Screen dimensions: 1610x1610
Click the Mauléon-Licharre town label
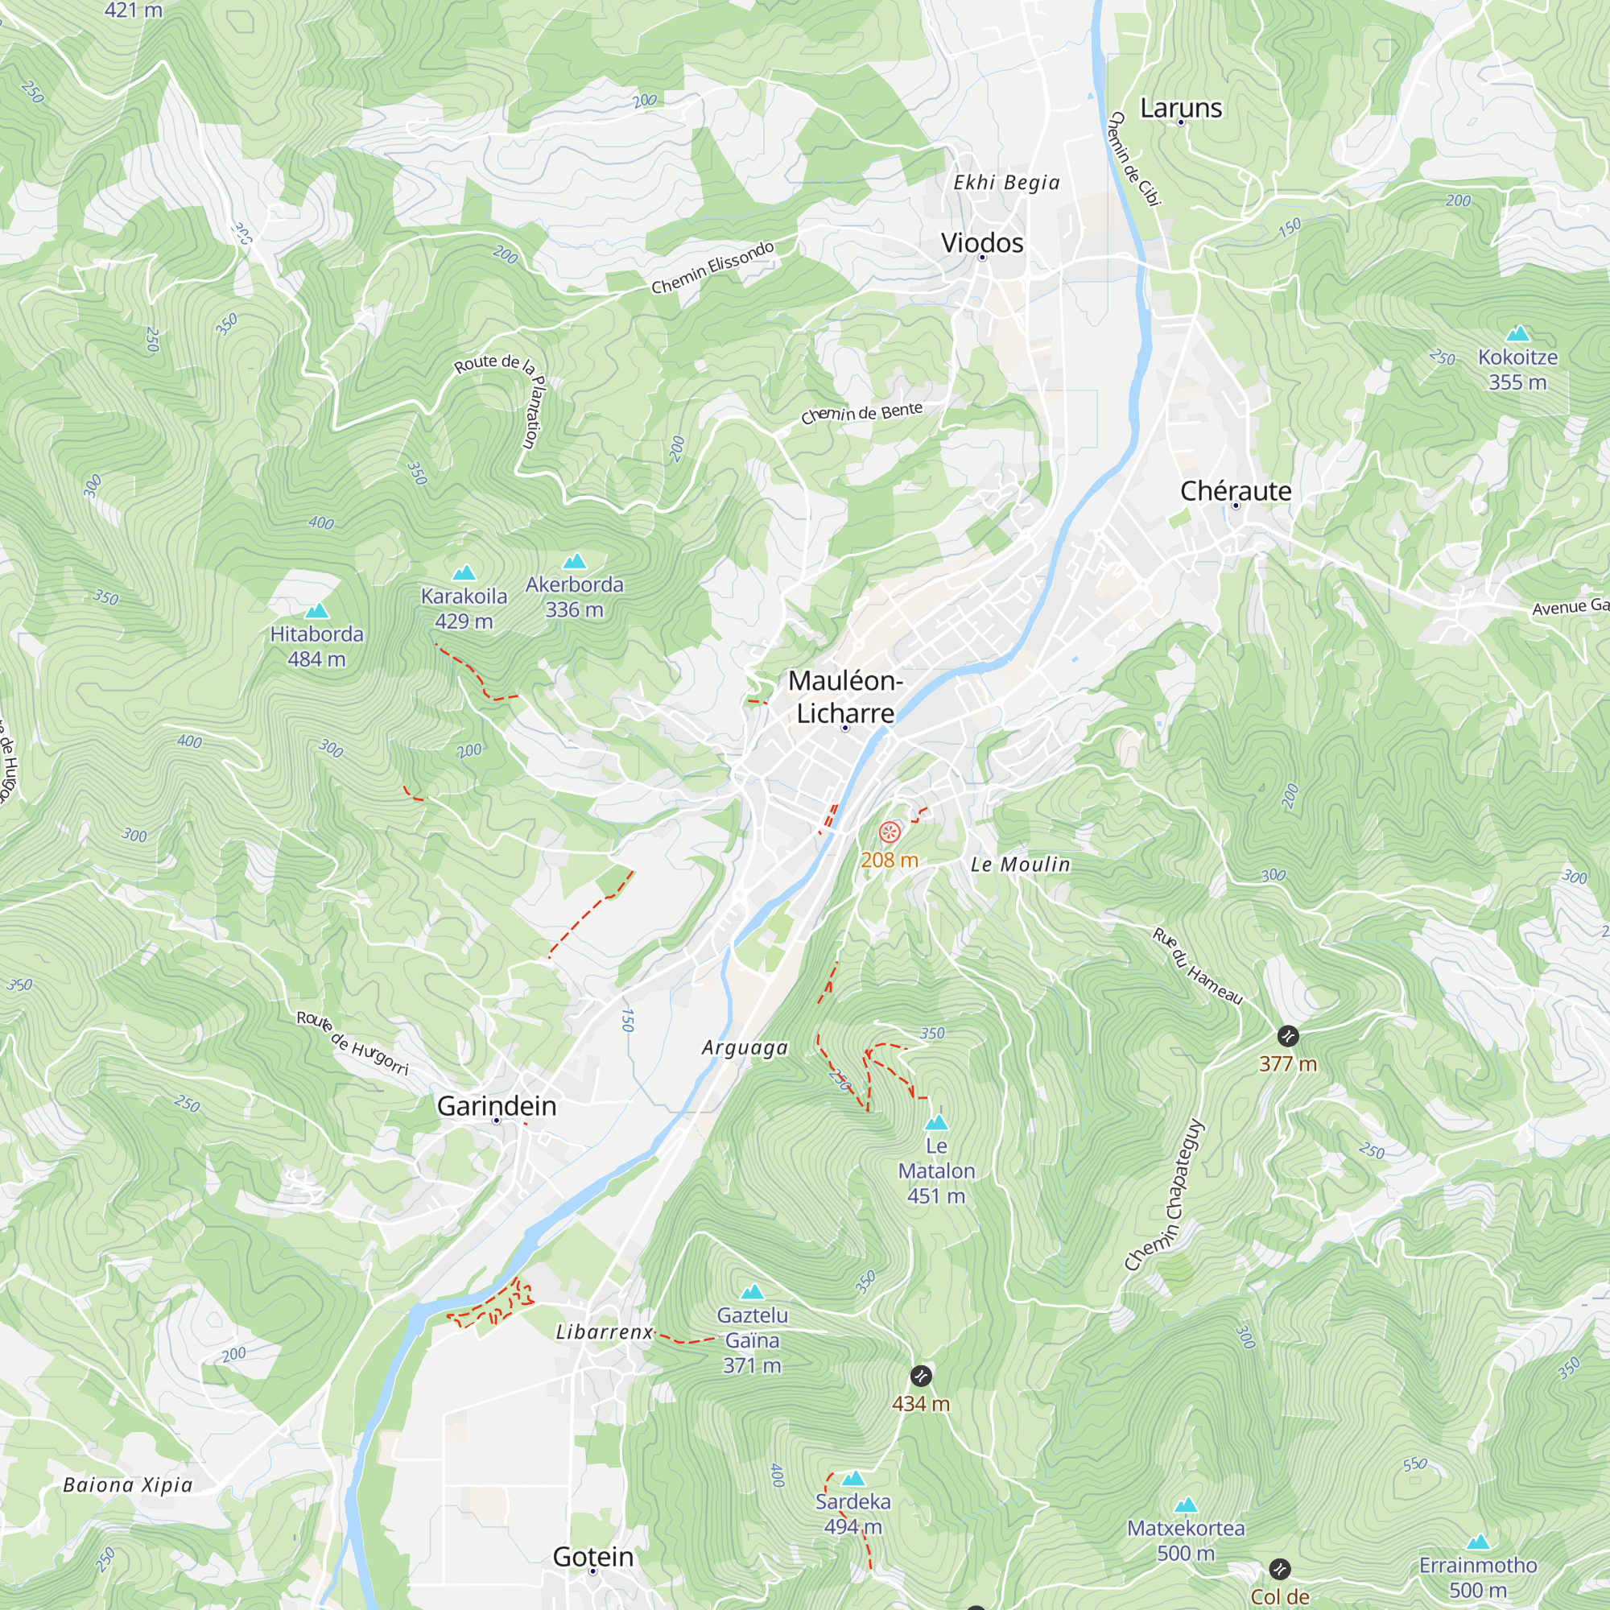[x=845, y=696]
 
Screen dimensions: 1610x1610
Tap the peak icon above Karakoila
[x=464, y=572]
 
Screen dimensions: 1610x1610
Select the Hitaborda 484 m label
[x=316, y=646]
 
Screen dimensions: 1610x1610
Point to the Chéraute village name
[x=1235, y=491]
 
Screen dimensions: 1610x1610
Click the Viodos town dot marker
[x=981, y=258]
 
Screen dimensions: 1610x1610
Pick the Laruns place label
[x=1180, y=108]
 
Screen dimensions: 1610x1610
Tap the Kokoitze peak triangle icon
[x=1517, y=334]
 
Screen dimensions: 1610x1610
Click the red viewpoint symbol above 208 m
[x=890, y=832]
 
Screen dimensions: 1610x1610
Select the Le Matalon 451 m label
[x=936, y=1170]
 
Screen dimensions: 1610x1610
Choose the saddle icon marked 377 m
[x=1287, y=1036]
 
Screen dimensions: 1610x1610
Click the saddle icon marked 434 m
[x=920, y=1376]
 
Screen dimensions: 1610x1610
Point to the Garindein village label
[x=496, y=1106]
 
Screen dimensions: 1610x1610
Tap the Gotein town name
[x=592, y=1556]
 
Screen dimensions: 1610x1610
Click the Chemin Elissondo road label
[x=712, y=267]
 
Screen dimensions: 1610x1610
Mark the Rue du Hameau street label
[x=1197, y=967]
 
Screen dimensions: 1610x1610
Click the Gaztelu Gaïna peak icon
[x=752, y=1293]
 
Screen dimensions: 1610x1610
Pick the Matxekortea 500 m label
[x=1185, y=1540]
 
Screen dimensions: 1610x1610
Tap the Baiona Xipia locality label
[x=127, y=1485]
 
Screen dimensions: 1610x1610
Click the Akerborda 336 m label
[x=574, y=597]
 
